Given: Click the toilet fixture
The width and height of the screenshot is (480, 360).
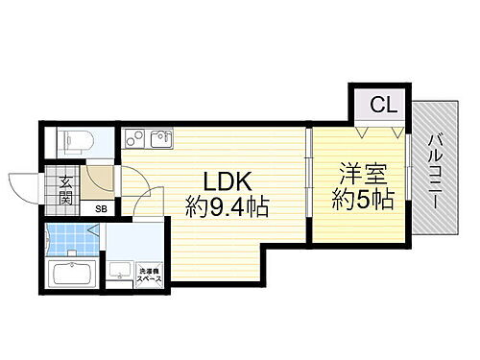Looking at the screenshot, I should coord(74,142).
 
